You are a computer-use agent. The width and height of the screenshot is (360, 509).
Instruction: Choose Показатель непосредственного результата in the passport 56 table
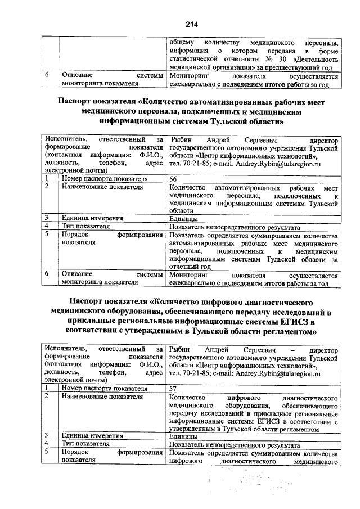point(235,226)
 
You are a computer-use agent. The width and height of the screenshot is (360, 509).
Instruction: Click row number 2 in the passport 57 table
point(48,397)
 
